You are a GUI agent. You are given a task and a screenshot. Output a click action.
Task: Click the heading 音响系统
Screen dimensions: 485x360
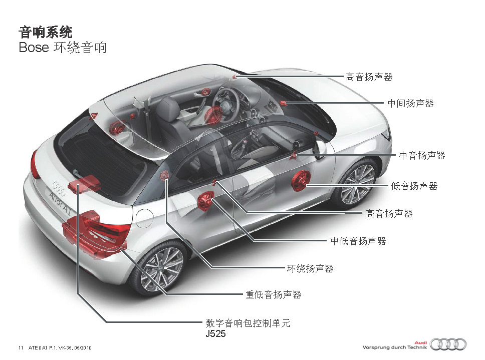coord(46,32)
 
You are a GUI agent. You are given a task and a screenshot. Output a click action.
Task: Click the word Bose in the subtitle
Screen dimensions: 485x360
coord(34,48)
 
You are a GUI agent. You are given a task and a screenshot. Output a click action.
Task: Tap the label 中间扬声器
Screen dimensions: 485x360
coord(410,103)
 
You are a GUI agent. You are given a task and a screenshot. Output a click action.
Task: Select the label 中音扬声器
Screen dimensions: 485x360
coord(422,155)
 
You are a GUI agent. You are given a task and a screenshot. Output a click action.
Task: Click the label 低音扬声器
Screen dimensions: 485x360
coord(414,186)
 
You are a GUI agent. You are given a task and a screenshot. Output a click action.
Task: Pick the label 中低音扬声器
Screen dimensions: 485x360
coord(358,241)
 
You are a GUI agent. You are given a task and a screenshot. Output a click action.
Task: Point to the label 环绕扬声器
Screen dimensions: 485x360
coord(310,268)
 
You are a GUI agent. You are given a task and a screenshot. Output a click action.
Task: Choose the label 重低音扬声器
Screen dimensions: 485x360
coord(274,295)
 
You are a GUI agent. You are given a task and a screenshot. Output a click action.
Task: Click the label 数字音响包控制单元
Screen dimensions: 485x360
coord(248,323)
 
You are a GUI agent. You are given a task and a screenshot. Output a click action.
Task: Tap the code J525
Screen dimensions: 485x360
coord(215,334)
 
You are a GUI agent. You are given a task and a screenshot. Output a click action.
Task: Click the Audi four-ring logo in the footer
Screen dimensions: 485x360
coord(448,344)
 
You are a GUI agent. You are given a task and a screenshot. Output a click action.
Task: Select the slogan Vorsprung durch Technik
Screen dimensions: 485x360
coord(394,347)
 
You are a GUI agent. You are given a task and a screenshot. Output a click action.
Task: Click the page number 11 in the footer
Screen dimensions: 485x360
coord(21,347)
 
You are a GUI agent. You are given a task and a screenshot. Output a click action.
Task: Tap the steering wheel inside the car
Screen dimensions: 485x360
coord(228,102)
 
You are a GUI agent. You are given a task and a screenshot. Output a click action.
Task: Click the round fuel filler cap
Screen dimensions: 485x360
coord(144,218)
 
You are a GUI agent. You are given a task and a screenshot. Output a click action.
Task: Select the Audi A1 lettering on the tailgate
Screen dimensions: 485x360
coord(60,203)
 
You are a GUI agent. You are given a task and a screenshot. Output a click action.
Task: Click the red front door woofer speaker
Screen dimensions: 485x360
coord(301,181)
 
